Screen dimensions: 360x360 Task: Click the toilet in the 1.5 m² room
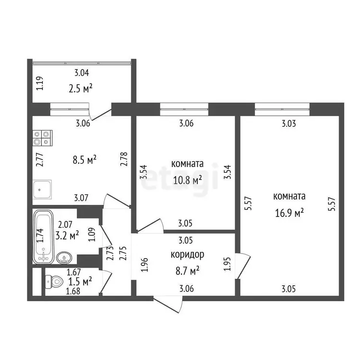coord(54,281)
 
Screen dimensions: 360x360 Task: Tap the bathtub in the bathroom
coord(43,237)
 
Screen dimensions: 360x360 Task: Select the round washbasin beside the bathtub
coord(64,258)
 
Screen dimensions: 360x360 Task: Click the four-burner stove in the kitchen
coord(42,138)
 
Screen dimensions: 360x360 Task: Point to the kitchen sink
coord(42,190)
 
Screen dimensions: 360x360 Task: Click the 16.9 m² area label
coord(289,213)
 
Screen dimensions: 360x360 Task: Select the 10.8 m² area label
coord(187,180)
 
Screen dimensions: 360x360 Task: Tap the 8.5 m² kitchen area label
coord(84,160)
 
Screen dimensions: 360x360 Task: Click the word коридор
coord(187,254)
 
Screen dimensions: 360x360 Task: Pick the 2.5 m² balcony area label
coord(81,88)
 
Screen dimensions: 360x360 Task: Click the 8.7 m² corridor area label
coord(187,271)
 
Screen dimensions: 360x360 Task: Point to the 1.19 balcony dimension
coord(40,83)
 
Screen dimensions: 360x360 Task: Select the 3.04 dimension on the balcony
coord(82,73)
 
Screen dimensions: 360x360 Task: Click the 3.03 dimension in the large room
coord(289,124)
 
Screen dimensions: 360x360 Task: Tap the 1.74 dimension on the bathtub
coord(40,235)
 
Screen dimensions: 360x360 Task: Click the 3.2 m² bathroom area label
coord(67,235)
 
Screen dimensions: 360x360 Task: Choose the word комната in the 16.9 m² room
coord(289,196)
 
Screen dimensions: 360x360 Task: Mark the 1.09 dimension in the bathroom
coord(92,234)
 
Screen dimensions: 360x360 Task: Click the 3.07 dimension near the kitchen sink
coord(81,198)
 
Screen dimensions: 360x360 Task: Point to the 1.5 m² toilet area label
coord(80,281)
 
